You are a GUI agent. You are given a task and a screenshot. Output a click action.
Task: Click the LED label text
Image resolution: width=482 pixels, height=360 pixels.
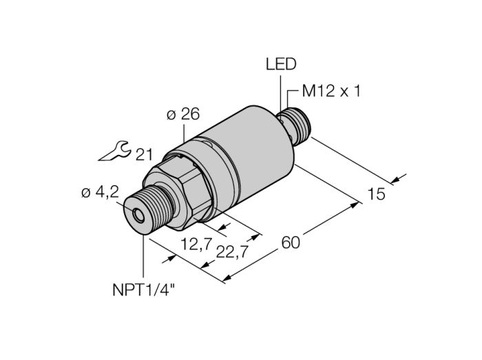281,65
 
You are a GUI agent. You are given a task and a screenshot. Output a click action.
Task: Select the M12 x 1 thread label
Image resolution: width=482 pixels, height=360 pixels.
331,92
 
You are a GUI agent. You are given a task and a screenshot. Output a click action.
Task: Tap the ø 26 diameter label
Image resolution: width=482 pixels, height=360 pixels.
183,114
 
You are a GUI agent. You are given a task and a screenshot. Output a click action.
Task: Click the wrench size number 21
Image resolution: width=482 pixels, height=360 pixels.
144,155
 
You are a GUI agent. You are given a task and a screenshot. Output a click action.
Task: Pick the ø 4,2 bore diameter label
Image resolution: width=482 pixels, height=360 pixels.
101,193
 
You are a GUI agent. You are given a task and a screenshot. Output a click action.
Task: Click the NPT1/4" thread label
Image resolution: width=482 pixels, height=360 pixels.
144,290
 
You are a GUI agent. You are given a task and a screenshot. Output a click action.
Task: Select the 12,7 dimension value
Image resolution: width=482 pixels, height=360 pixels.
196,245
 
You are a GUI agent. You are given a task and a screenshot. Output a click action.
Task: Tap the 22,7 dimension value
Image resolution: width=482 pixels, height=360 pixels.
232,252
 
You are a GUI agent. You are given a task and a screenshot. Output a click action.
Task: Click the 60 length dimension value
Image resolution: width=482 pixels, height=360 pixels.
291,243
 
